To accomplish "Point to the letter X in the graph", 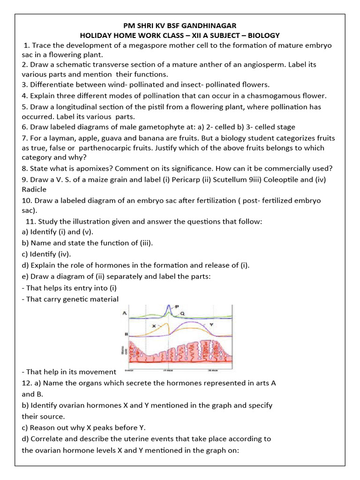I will [x=153, y=325].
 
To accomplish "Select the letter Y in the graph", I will [x=211, y=324].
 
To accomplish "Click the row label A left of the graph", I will [x=124, y=313].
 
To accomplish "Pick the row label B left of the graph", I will [x=126, y=334].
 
